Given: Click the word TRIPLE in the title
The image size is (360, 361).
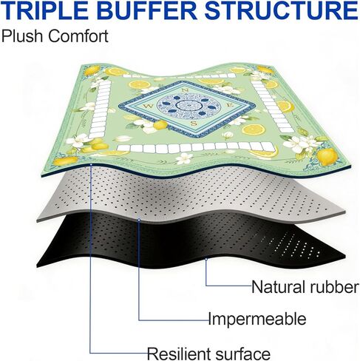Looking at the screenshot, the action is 45,11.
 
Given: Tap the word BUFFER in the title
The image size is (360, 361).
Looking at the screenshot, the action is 147,11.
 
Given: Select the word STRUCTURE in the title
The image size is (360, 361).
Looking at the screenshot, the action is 282,11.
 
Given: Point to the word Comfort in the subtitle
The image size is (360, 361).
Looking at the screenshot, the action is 78,36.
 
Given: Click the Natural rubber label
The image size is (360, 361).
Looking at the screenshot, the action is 305,287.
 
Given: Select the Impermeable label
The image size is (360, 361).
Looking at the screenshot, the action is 257,320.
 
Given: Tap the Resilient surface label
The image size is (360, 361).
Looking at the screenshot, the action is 208,354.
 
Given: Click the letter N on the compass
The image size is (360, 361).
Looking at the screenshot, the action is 185,90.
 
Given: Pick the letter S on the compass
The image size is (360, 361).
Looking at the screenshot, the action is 194,123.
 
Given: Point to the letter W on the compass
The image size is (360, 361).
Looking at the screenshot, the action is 149,107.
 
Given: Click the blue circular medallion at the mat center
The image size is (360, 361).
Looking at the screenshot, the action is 189,106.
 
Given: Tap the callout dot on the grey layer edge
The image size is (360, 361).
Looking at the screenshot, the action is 139,220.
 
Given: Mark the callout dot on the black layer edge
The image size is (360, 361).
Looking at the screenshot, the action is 206,259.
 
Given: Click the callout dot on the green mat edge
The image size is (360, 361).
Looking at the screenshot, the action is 91,164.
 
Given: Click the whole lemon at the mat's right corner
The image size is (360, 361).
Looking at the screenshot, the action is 327,156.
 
